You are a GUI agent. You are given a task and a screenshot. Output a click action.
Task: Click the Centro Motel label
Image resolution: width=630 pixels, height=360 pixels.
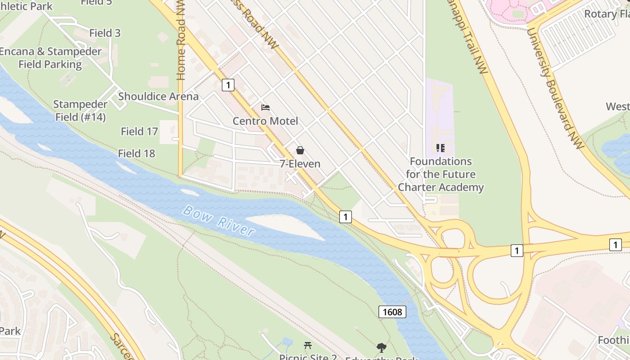(265, 121)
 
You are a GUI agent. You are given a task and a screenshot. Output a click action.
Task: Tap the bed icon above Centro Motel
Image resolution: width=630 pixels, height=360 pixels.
(265, 108)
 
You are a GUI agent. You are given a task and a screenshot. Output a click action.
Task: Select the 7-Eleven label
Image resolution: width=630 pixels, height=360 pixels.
(300, 164)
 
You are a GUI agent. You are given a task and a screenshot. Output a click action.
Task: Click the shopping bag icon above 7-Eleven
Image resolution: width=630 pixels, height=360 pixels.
(300, 150)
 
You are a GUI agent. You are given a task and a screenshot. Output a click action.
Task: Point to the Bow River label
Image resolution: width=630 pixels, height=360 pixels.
(219, 221)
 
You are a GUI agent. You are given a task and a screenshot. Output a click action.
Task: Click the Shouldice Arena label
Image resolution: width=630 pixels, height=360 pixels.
(158, 96)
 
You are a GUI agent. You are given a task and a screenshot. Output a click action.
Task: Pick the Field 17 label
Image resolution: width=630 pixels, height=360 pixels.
(139, 131)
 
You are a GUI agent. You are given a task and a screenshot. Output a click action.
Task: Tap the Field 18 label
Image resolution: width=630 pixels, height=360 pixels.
(136, 153)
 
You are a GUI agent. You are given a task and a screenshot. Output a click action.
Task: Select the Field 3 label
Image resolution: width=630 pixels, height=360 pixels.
(105, 33)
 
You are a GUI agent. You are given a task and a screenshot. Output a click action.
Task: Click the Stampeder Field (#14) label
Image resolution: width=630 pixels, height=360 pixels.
(81, 111)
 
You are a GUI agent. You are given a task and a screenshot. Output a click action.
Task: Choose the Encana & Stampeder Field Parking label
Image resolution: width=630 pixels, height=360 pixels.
(50, 58)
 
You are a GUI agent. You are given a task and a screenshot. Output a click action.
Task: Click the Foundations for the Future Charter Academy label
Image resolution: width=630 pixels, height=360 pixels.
(441, 174)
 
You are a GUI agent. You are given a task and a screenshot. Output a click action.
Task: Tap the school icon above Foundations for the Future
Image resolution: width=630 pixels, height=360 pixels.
(441, 148)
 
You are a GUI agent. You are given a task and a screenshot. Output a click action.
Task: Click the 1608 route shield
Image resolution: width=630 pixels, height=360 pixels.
(392, 312)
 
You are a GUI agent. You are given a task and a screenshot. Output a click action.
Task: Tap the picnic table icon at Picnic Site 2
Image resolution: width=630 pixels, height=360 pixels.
(308, 346)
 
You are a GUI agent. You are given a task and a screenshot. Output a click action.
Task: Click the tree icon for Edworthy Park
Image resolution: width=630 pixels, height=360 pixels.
(382, 348)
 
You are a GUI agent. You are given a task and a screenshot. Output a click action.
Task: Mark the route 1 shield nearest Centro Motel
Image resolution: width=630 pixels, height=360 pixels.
(228, 85)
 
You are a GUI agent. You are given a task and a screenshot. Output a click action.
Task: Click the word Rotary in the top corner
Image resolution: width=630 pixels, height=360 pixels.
(600, 13)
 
